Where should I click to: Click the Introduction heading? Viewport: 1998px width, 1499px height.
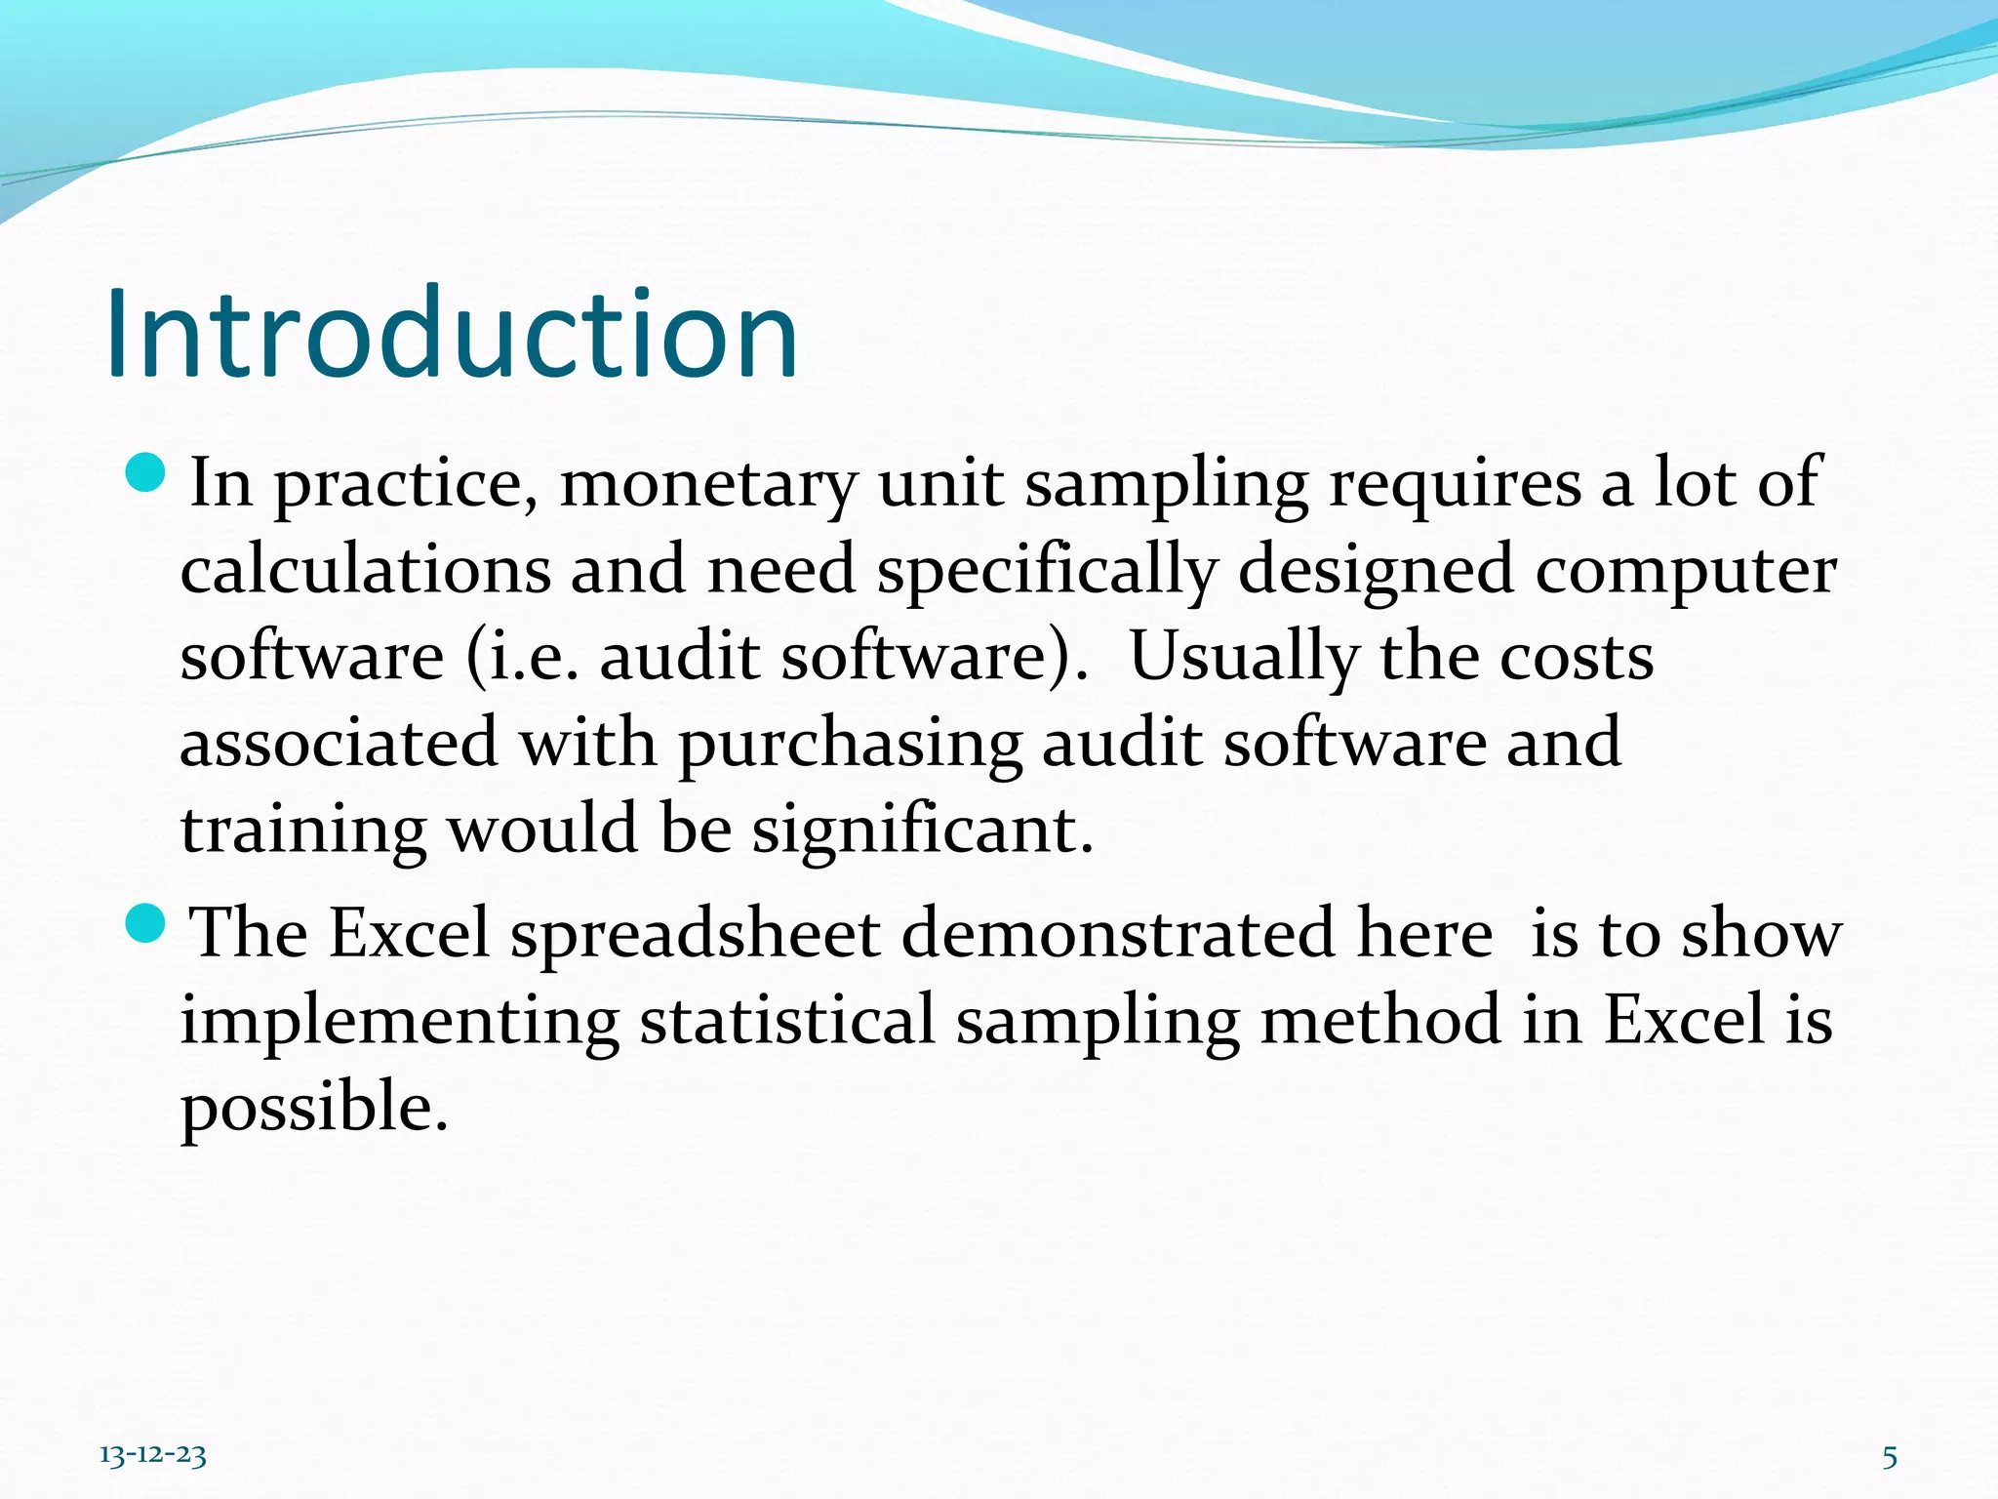pyautogui.click(x=451, y=334)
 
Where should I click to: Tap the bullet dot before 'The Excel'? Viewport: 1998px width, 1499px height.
pyautogui.click(x=147, y=923)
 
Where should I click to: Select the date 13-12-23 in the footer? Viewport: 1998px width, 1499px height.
pyautogui.click(x=153, y=1456)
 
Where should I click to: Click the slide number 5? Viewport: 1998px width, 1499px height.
pyautogui.click(x=1890, y=1458)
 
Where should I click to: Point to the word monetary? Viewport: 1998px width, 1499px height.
pyautogui.click(x=708, y=484)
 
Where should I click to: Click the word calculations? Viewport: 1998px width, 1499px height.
pyautogui.click(x=365, y=570)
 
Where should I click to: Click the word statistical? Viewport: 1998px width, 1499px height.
pyautogui.click(x=787, y=1021)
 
